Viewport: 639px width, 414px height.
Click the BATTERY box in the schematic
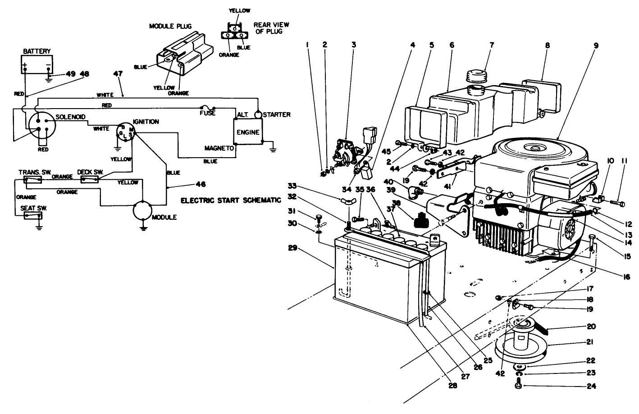tap(37, 64)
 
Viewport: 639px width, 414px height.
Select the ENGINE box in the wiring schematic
tap(248, 132)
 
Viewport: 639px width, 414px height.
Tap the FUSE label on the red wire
tap(207, 113)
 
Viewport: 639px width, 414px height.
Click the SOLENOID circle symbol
tap(40, 126)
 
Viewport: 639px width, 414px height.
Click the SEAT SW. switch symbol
tap(33, 216)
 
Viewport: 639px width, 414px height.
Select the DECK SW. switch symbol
tap(90, 179)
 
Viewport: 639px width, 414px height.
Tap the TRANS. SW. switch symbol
tap(33, 180)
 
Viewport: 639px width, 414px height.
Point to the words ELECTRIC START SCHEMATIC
tap(231, 200)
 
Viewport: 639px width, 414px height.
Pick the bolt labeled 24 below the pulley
tap(518, 386)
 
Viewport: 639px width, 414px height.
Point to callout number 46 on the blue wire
tap(201, 184)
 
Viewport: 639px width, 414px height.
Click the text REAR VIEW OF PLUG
tap(271, 28)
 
